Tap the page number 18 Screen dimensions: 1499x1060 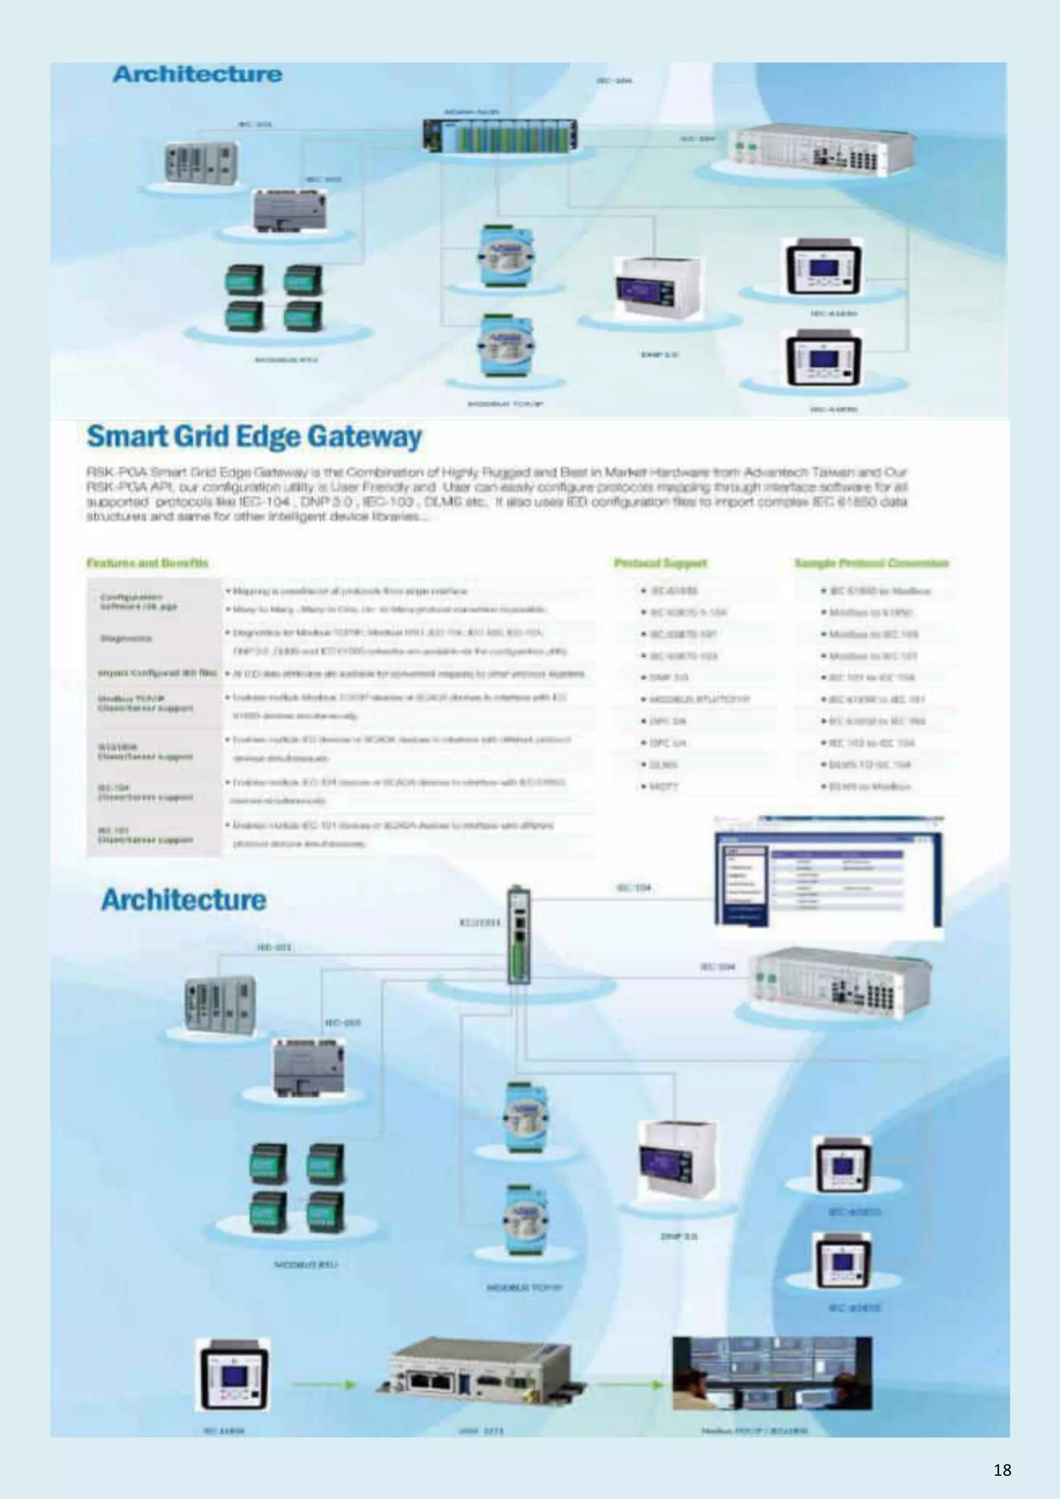coord(1002,1470)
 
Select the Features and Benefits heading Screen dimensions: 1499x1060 coord(147,563)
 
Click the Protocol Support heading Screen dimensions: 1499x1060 coord(660,563)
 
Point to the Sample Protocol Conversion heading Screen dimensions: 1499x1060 coord(871,563)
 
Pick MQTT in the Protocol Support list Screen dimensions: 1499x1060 coord(664,786)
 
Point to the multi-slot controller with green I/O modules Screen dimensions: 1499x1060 coord(499,135)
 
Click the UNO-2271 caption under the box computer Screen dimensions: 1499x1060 coord(481,1431)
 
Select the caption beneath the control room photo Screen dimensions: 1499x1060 coord(754,1431)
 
